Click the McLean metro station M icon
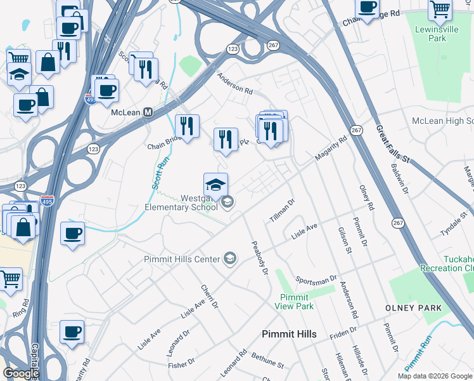pyautogui.click(x=148, y=112)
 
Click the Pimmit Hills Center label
pyautogui.click(x=182, y=259)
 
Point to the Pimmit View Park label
pyautogui.click(x=295, y=302)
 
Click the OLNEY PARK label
pyautogui.click(x=413, y=308)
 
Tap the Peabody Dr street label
pyautogui.click(x=260, y=257)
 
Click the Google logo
pyautogui.click(x=20, y=373)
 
